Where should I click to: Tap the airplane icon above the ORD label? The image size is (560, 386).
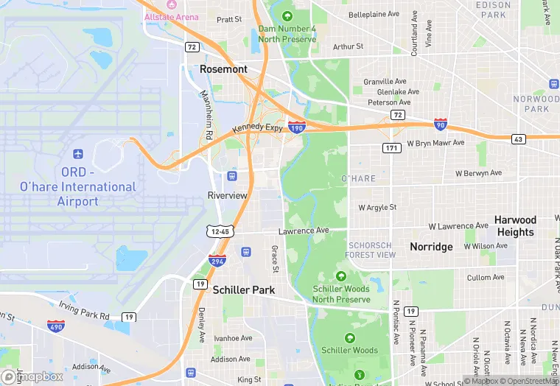[79, 155]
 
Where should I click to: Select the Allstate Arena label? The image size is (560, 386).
[172, 16]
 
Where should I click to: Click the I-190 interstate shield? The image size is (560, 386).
[297, 127]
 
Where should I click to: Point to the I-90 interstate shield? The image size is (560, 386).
[440, 124]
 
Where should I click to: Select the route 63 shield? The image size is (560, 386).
[518, 138]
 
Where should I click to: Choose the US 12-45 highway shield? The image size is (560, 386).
[220, 231]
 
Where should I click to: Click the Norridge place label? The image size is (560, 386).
[431, 247]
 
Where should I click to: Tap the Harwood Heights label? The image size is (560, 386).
[515, 225]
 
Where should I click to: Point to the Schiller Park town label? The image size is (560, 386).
[244, 290]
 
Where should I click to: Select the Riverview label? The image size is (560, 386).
[228, 195]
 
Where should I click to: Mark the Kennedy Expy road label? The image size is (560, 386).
[257, 129]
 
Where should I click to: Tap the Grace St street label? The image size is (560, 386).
[274, 258]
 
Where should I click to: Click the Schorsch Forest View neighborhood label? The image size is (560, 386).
[371, 250]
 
